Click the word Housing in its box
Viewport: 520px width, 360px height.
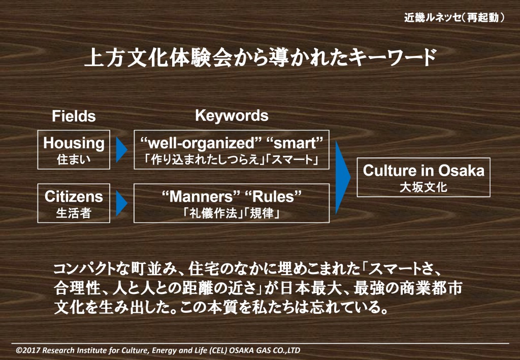tap(74, 143)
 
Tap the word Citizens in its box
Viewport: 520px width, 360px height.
tap(74, 197)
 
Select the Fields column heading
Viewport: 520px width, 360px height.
tap(74, 116)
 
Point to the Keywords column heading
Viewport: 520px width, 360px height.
tap(232, 116)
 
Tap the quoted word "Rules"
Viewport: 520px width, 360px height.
tap(273, 197)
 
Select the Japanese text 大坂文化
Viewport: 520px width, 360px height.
tap(424, 187)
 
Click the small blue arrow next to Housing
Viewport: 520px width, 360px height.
tap(121, 149)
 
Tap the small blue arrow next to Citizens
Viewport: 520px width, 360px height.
tap(121, 203)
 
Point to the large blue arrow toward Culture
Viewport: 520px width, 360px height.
tap(343, 177)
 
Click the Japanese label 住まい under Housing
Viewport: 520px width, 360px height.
tap(74, 159)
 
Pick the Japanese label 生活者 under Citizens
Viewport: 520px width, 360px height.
tap(74, 213)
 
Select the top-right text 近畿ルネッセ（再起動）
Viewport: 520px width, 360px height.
tap(454, 17)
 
